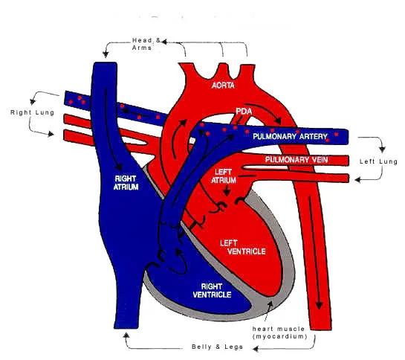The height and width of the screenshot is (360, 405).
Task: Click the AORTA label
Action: click(223, 86)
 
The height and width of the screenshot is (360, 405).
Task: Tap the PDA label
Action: click(244, 112)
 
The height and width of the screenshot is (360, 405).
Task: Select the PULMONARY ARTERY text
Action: click(290, 136)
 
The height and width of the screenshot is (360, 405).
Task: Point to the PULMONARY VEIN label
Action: click(297, 160)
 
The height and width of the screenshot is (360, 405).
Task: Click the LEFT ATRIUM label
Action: click(224, 176)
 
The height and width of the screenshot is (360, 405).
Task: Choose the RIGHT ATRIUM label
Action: click(126, 182)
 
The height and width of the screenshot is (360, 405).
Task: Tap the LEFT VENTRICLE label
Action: click(243, 247)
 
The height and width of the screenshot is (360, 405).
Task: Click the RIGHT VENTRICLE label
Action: click(212, 290)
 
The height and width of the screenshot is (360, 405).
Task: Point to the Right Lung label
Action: click(32, 112)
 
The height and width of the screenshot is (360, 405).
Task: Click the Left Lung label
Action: click(378, 161)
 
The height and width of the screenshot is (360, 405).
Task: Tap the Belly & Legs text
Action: click(217, 347)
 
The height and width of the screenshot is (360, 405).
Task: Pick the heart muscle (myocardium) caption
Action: click(279, 332)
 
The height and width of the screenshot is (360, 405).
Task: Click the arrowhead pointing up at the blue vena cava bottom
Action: click(126, 335)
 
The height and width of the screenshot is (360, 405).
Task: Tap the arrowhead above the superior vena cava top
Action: click(106, 54)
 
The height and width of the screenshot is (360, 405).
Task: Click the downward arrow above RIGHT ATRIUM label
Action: click(111, 129)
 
